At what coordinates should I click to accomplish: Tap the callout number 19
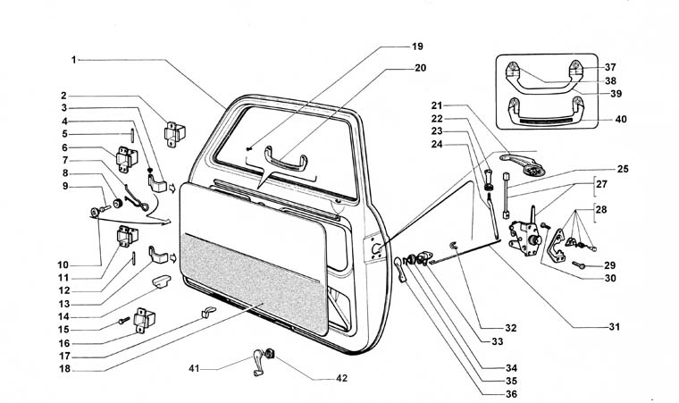pos(417,46)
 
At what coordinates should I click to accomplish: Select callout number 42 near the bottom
pos(341,378)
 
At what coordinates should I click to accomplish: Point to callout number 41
pos(194,367)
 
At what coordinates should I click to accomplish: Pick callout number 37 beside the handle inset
pos(609,67)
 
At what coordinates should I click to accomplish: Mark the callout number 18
pos(63,368)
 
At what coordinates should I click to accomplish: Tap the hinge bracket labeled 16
pos(143,322)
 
